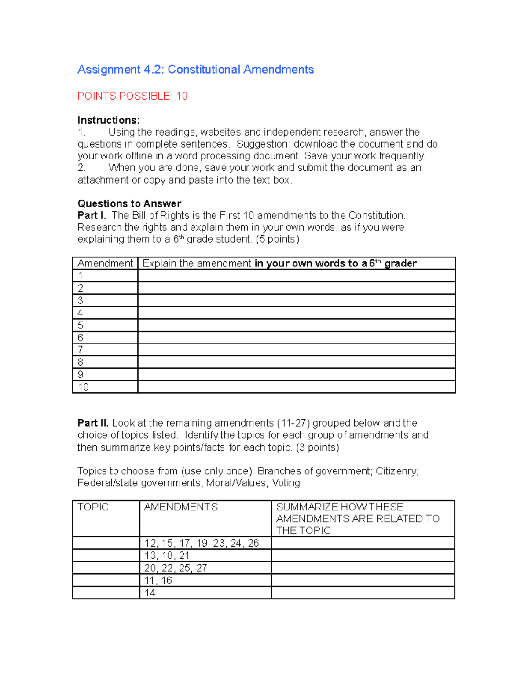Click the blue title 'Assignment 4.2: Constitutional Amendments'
pyautogui.click(x=195, y=70)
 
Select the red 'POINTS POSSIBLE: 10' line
pyautogui.click(x=132, y=96)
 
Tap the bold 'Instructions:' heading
pyautogui.click(x=109, y=120)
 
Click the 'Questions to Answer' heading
pyautogui.click(x=129, y=203)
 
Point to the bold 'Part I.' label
pyautogui.click(x=92, y=215)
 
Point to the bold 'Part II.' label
pyautogui.click(x=93, y=423)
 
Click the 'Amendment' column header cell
pyautogui.click(x=105, y=263)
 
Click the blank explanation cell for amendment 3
pyautogui.click(x=296, y=300)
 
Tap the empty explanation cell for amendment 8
pyautogui.click(x=296, y=362)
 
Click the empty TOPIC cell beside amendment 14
pyautogui.click(x=106, y=593)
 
